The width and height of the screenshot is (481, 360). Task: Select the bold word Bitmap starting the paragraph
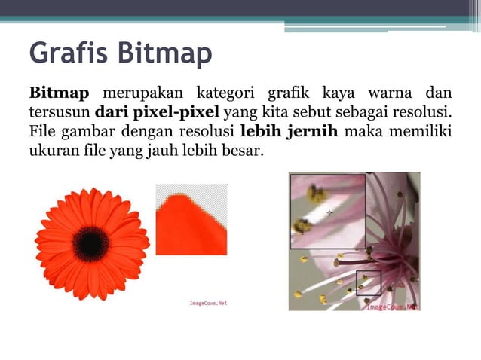(x=59, y=93)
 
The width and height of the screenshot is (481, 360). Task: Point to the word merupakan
(x=142, y=93)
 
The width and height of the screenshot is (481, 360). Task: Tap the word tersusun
(x=59, y=113)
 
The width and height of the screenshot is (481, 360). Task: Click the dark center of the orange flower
(x=91, y=243)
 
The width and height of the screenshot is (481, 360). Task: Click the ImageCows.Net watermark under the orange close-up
(x=207, y=304)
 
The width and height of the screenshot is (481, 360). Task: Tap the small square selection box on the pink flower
(x=368, y=282)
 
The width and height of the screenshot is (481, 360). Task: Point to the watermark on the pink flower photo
(x=393, y=307)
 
